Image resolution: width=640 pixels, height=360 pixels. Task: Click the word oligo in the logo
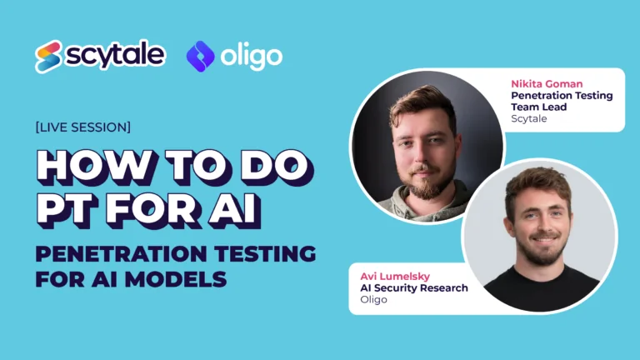coord(251,57)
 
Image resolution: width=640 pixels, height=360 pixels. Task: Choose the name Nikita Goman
coord(547,84)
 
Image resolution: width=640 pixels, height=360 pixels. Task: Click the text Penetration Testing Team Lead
coord(561,101)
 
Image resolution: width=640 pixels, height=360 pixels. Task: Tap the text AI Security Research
coord(413,287)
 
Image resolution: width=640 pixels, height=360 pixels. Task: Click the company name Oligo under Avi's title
coord(374,299)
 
